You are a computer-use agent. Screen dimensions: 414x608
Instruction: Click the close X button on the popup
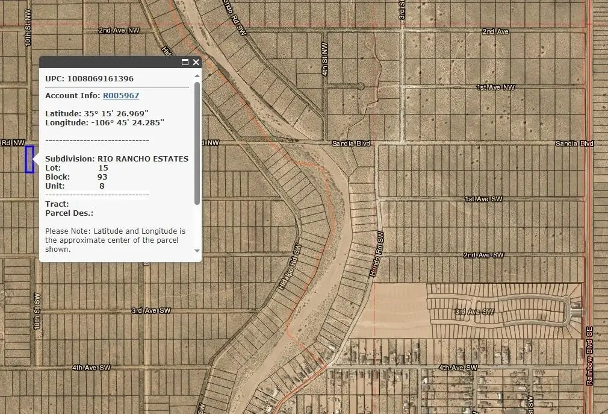pyautogui.click(x=196, y=62)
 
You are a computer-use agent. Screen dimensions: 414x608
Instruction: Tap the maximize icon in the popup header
pyautogui.click(x=185, y=62)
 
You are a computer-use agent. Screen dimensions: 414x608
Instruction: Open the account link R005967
pyautogui.click(x=120, y=95)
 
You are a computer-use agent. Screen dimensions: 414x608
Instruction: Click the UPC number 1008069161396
pyautogui.click(x=101, y=78)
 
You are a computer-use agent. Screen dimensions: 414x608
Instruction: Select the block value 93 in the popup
pyautogui.click(x=102, y=177)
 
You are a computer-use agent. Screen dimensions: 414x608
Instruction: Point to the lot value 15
pyautogui.click(x=103, y=168)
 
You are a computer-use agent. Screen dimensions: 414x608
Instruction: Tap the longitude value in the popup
pyautogui.click(x=125, y=122)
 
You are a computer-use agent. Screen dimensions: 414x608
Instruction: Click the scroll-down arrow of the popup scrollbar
pyautogui.click(x=197, y=251)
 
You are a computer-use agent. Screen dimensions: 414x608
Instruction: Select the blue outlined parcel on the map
pyautogui.click(x=29, y=160)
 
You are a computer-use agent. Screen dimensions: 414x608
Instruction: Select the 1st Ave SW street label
pyautogui.click(x=483, y=199)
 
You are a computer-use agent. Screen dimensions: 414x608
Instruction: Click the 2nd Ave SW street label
pyautogui.click(x=483, y=256)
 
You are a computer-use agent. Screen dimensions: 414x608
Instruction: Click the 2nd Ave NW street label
pyautogui.click(x=123, y=30)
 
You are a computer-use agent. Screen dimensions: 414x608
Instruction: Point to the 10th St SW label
pyautogui.click(x=37, y=311)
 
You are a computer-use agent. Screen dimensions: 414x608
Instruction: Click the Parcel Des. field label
pyautogui.click(x=69, y=213)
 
